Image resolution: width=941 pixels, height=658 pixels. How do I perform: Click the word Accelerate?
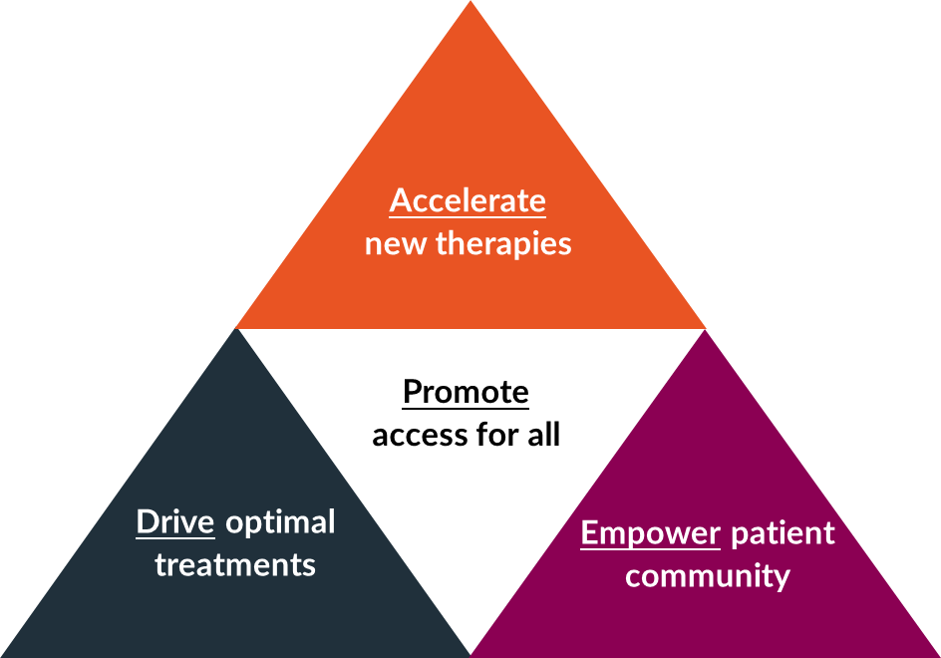[x=468, y=201]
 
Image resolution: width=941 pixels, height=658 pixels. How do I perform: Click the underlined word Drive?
[x=175, y=521]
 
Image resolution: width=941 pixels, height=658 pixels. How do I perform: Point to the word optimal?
[x=280, y=522]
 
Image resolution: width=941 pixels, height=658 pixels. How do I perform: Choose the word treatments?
[x=235, y=565]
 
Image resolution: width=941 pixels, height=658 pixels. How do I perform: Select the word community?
[x=708, y=575]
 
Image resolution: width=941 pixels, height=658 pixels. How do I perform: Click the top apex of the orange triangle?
[x=470, y=4]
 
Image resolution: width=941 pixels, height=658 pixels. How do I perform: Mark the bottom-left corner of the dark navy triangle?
[x=4, y=654]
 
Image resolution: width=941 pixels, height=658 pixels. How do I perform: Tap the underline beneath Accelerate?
[x=468, y=216]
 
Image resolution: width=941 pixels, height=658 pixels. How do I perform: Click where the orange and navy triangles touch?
[x=236, y=328]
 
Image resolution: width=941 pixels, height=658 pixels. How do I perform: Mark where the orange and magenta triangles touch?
[x=706, y=328]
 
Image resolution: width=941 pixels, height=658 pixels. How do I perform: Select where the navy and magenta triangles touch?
[x=470, y=654]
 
